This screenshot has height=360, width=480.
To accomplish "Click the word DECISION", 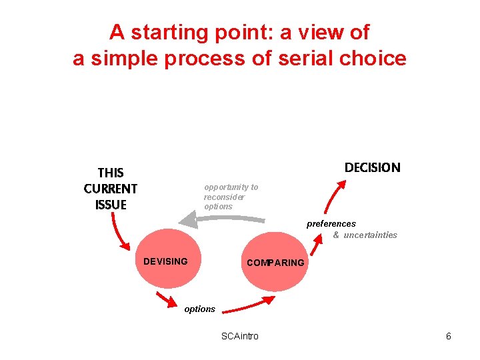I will tap(372, 167).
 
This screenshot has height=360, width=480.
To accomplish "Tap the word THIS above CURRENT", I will tap(111, 173).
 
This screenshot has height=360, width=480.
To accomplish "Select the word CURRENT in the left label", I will tap(111, 189).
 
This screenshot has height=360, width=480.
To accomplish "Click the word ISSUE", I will tap(111, 205).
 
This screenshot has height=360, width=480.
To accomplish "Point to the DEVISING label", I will tap(165, 261).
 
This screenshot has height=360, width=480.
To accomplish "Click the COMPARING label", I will tap(275, 263).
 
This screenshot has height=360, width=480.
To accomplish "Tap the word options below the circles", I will tap(200, 309).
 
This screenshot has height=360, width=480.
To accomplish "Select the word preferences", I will tap(331, 224).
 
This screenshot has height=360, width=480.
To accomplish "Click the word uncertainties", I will tap(370, 235).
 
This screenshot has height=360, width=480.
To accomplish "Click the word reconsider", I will tap(225, 197).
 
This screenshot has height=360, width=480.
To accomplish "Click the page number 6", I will tap(449, 336).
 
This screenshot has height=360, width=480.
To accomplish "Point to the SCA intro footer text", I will tap(240, 336).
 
